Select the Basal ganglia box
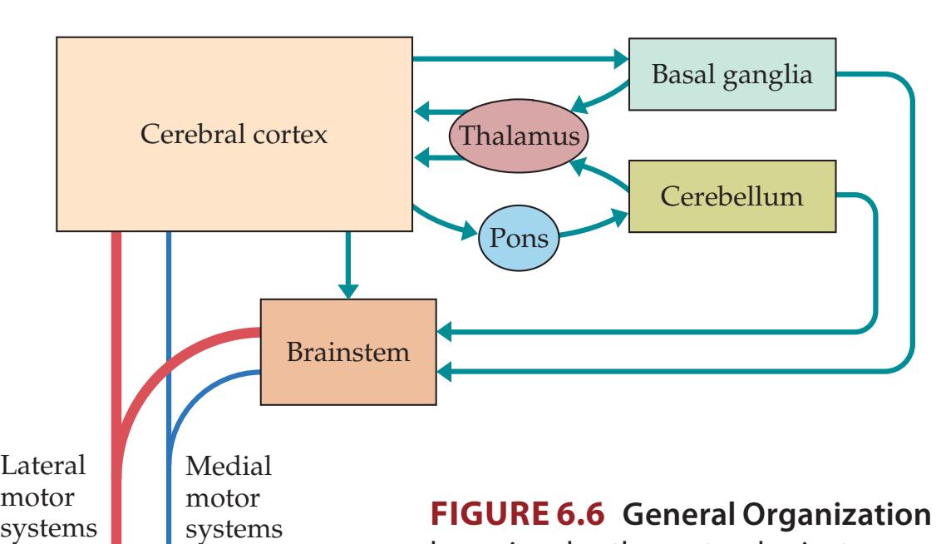point(732,76)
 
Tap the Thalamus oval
point(518,135)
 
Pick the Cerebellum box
point(732,196)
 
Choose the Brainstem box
point(348,351)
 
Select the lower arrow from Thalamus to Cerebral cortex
point(432,156)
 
